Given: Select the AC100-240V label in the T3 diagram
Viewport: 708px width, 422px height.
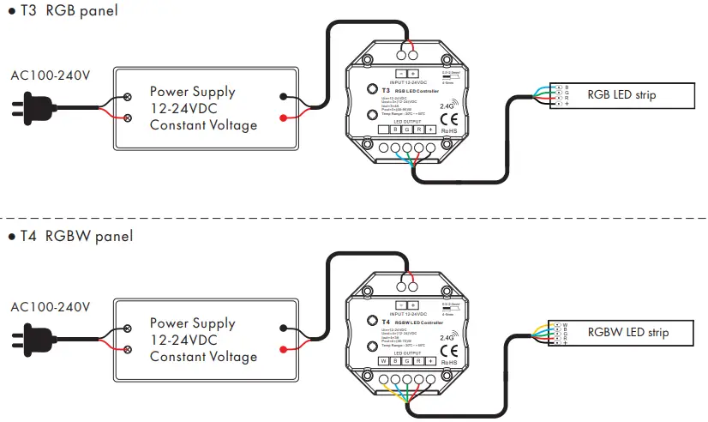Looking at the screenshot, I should tap(50, 75).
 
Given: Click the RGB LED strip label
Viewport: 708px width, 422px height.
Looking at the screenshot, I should tap(621, 94).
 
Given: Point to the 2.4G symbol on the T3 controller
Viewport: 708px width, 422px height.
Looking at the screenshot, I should tap(447, 106).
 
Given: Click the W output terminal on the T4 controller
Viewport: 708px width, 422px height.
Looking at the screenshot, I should tap(384, 361).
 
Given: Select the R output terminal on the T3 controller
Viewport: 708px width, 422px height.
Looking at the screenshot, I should tap(419, 130).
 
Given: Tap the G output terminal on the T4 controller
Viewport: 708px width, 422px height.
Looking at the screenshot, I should tap(407, 361).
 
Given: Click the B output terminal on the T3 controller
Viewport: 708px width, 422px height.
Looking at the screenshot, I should tap(395, 130).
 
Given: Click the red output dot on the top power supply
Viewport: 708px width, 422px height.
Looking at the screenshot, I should tap(283, 117).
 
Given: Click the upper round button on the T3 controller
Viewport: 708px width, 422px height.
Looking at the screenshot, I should tap(371, 89).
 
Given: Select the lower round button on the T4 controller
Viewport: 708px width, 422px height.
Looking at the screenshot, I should tap(371, 346).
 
